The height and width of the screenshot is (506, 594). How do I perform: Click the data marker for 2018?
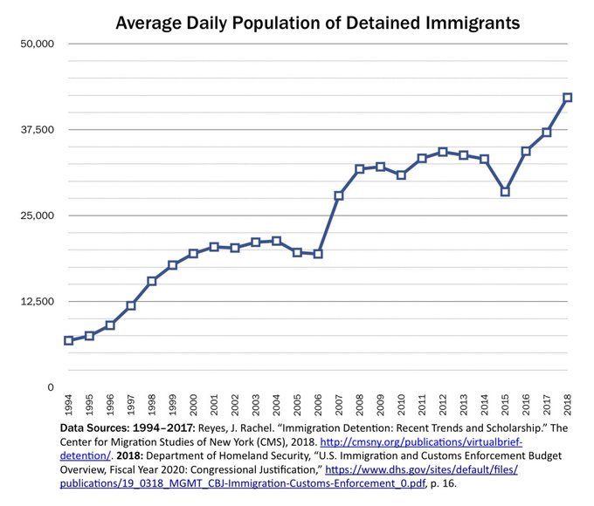[567, 98]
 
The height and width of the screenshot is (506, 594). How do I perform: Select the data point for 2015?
[505, 191]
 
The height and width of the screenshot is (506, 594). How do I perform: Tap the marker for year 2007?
[338, 195]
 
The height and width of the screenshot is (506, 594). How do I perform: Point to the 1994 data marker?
[68, 340]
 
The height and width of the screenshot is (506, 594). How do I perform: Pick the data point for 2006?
[318, 254]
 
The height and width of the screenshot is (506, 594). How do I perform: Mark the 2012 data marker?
[443, 152]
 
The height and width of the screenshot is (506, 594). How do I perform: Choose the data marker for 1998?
[151, 281]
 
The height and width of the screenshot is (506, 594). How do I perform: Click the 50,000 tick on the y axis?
[38, 44]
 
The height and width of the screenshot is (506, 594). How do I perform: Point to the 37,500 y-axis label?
[38, 130]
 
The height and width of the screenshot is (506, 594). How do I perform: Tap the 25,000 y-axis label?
[38, 215]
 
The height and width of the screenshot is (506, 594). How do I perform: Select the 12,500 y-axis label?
[38, 302]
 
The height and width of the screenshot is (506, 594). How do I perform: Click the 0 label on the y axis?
[51, 387]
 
